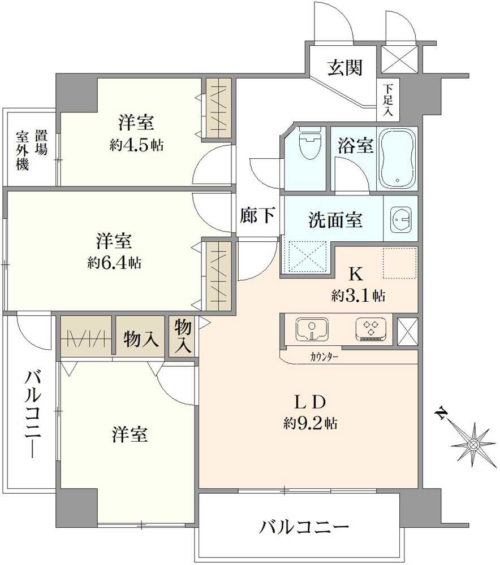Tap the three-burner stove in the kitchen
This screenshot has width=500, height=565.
coord(371,329)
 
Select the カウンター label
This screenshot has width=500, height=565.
coord(324,357)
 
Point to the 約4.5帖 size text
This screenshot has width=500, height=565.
coord(137,145)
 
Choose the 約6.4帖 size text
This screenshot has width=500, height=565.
coord(114,263)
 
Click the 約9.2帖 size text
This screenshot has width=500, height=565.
coord(311,423)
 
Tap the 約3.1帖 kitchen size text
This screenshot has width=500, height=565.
coord(359,295)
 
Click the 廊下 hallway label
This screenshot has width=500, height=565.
coord(258,215)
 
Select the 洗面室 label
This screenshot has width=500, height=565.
coord(335,220)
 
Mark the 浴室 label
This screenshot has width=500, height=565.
coord(356,145)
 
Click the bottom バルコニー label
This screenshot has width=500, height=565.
coord(304,528)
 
